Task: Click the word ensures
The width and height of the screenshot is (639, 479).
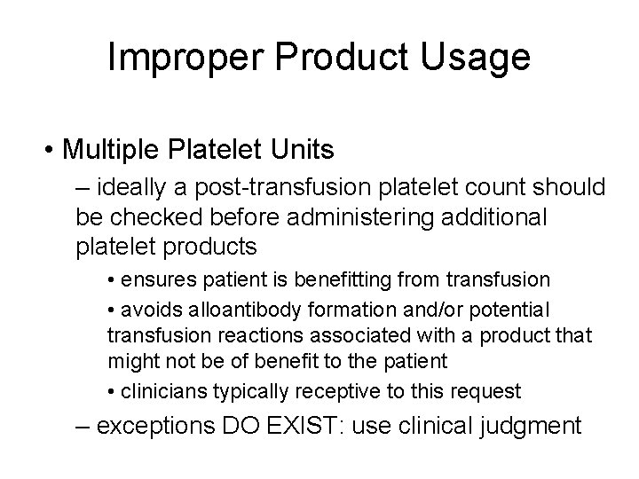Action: coord(154,279)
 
